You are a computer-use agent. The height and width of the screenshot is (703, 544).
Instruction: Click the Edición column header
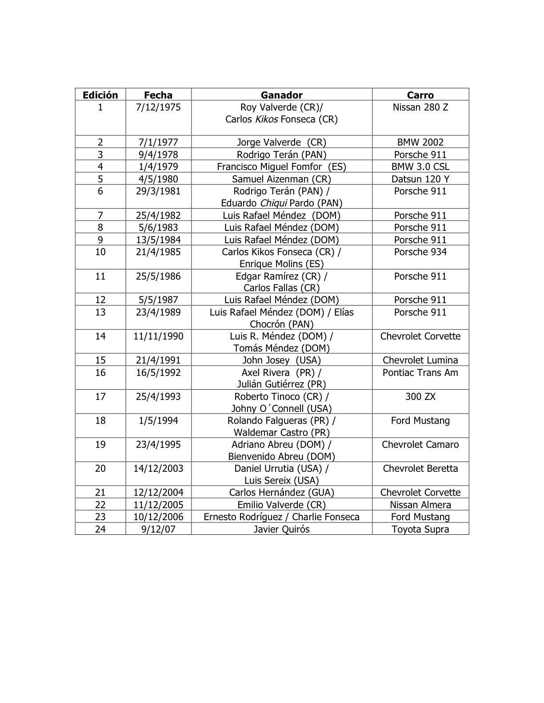(x=100, y=95)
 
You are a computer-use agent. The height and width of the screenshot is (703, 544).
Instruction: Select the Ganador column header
(x=281, y=95)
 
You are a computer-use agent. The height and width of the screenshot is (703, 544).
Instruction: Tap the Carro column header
(x=420, y=95)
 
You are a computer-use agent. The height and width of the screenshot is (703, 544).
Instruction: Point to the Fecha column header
(x=158, y=95)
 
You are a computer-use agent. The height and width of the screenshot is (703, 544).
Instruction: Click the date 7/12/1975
(x=158, y=107)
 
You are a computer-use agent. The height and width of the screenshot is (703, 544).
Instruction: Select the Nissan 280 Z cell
(x=420, y=107)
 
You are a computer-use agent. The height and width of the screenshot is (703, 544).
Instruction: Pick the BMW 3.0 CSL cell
(x=420, y=167)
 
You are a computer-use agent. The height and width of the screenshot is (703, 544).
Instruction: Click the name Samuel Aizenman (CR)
(x=281, y=179)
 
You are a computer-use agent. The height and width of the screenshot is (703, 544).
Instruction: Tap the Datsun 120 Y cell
(x=420, y=179)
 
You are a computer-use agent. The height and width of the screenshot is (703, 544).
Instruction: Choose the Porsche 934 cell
(x=420, y=252)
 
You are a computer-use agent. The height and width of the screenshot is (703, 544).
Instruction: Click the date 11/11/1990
(x=158, y=336)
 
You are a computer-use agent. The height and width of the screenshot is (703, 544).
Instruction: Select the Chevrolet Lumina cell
(x=420, y=360)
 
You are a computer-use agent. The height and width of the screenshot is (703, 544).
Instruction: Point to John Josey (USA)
(x=281, y=360)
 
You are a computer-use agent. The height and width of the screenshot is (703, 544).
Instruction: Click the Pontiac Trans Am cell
(x=420, y=373)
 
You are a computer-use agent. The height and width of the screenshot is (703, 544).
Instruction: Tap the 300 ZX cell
(x=420, y=397)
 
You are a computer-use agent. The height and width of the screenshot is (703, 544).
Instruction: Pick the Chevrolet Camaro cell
(x=420, y=445)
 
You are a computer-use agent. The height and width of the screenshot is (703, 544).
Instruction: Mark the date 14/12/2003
(x=158, y=469)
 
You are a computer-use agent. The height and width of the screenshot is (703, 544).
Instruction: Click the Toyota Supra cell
(x=420, y=529)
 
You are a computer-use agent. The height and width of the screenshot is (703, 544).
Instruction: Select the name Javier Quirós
(x=281, y=529)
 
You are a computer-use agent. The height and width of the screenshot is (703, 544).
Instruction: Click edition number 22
(x=100, y=505)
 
